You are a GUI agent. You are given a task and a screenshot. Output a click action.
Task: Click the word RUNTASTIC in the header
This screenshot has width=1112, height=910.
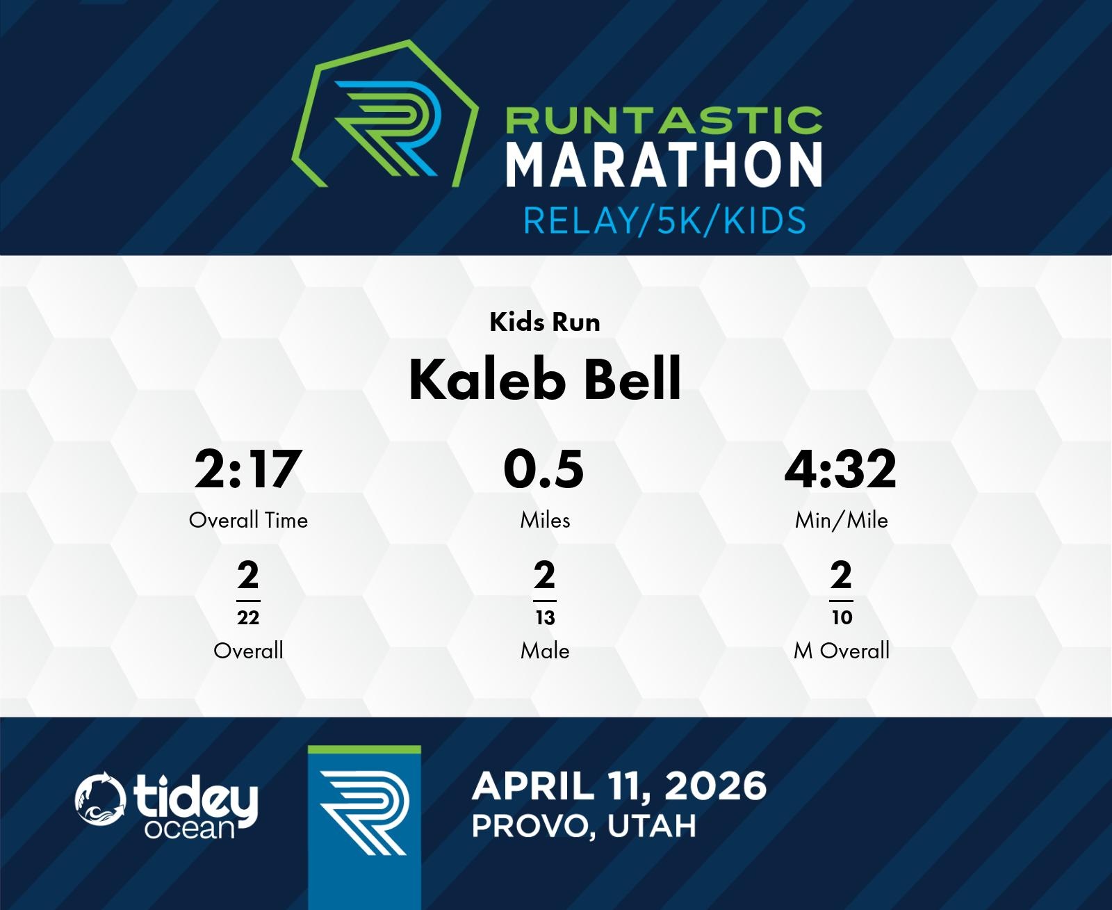(664, 120)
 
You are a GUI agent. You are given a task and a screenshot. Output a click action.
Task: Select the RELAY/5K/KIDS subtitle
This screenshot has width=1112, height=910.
(664, 220)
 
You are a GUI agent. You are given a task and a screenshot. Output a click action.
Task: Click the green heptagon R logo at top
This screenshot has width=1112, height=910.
(385, 113)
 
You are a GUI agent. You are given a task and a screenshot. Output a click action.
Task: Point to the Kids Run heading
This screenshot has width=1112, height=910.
(545, 322)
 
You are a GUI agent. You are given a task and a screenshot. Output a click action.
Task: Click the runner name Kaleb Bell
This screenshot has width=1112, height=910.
(545, 380)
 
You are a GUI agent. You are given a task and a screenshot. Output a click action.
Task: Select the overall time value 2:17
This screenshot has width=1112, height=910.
(248, 469)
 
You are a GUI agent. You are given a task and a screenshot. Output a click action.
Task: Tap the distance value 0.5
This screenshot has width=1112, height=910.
(543, 469)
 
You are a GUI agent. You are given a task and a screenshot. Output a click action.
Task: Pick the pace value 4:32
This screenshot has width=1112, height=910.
(840, 469)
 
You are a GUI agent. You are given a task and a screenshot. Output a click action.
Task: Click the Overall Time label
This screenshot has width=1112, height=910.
(248, 521)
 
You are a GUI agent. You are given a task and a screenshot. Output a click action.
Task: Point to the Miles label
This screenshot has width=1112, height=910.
(545, 521)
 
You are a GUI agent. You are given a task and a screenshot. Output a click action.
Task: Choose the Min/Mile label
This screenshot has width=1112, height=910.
(842, 521)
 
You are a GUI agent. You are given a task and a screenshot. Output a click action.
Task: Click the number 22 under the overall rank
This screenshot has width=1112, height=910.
(248, 617)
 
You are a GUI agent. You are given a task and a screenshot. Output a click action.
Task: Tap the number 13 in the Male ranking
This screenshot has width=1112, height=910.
(545, 617)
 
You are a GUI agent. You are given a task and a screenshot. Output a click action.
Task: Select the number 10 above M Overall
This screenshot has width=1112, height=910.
(842, 617)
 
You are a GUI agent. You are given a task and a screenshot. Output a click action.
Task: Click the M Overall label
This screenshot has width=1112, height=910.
(842, 651)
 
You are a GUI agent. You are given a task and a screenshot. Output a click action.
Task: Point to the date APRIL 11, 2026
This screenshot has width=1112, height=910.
(619, 786)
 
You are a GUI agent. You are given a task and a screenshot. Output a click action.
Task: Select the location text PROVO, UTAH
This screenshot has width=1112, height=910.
(584, 826)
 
